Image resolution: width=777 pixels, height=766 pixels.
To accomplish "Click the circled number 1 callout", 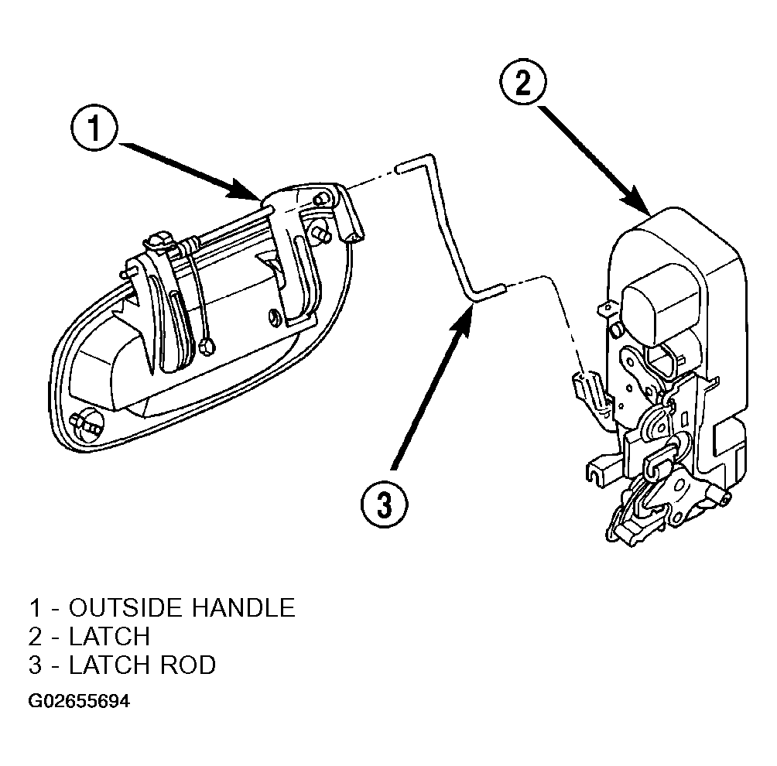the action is point(94,127).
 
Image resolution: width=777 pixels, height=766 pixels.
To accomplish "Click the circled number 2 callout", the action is point(523,80).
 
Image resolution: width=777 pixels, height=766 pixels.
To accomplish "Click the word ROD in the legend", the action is point(188,665).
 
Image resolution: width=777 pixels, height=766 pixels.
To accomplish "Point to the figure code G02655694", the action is point(79,702).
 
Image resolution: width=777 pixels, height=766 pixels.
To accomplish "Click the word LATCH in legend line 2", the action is point(110,636).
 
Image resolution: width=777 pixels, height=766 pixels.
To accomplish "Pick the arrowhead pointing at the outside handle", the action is point(245,191).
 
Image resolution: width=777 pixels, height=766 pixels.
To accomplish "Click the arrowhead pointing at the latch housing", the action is point(638,200).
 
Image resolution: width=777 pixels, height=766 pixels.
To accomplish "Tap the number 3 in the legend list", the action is point(35,665).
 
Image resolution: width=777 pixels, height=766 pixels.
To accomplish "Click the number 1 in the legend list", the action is point(35,607).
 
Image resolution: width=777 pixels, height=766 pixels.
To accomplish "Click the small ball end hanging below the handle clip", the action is point(207,347).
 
